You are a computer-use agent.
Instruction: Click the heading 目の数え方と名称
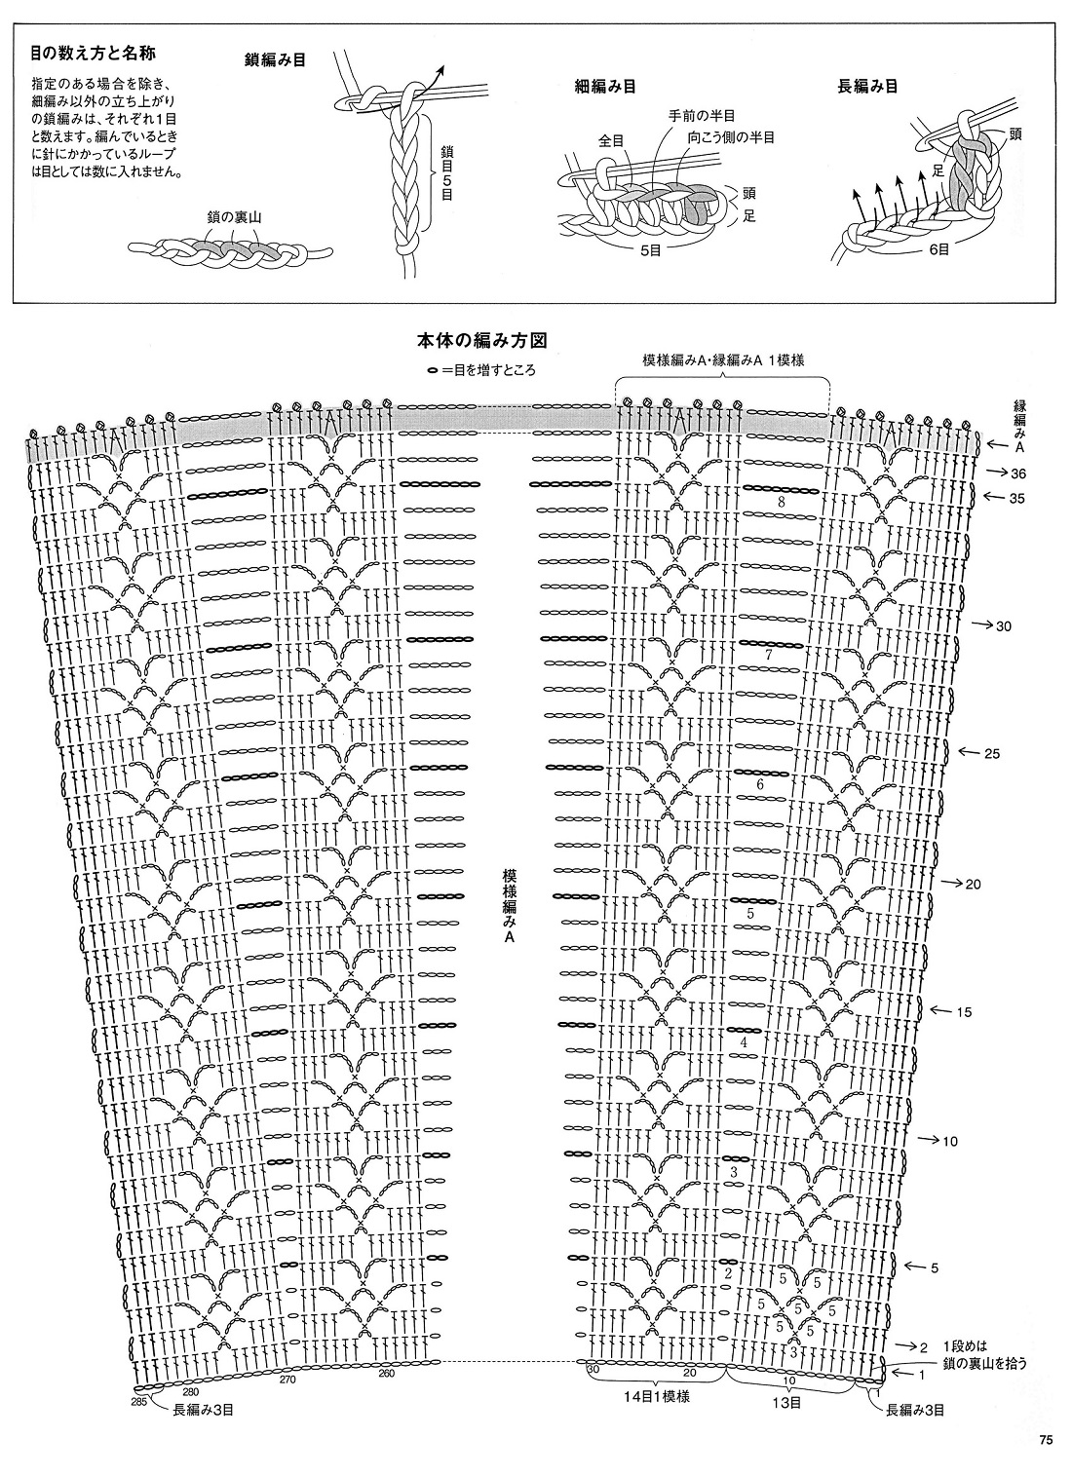click(x=94, y=52)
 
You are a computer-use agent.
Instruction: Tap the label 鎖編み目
click(x=276, y=60)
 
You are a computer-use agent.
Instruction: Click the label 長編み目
click(x=867, y=86)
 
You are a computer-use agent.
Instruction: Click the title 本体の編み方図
click(x=480, y=341)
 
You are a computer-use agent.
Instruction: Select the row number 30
click(x=1003, y=625)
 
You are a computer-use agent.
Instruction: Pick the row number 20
click(x=973, y=885)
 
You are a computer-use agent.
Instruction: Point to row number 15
click(x=963, y=1012)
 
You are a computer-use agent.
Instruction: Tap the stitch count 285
click(x=137, y=1401)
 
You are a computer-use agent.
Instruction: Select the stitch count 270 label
click(x=287, y=1380)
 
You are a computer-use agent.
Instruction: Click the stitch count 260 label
click(x=386, y=1375)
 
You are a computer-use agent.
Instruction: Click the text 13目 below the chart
click(x=787, y=1403)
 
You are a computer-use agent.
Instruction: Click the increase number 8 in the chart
click(x=782, y=502)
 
